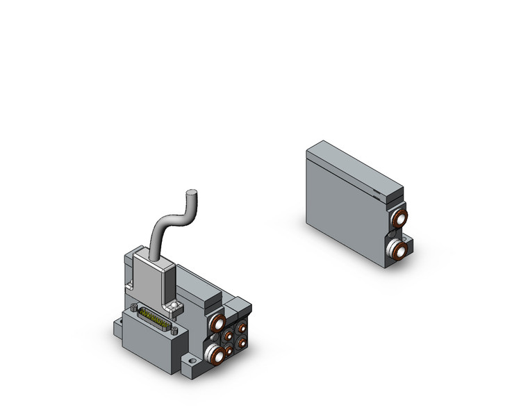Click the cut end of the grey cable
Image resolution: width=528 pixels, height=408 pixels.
click(192, 193)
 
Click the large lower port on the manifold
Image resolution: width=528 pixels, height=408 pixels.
click(217, 354)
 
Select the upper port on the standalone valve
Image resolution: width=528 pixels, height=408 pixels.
click(399, 219)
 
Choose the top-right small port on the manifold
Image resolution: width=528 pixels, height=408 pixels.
click(241, 327)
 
